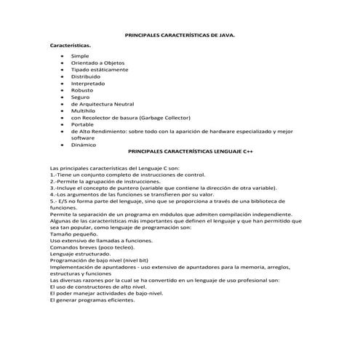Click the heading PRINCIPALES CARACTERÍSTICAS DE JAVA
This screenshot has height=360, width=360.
tap(180, 34)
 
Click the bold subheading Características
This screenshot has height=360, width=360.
tap(70, 45)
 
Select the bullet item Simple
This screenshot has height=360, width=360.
tap(80, 56)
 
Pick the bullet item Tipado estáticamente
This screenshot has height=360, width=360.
tap(99, 70)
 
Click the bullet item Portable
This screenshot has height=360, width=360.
tap(82, 124)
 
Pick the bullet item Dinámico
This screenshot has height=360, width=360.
tap(83, 145)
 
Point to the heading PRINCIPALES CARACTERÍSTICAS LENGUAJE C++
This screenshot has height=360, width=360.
tap(191, 152)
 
